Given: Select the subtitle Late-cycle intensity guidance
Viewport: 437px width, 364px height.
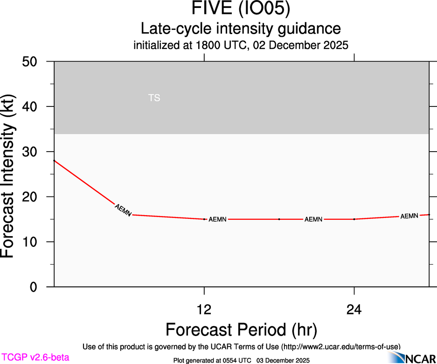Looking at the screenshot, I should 241,28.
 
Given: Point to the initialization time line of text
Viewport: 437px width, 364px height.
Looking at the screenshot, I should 241,45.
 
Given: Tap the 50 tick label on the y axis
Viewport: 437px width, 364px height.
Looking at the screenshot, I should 33,62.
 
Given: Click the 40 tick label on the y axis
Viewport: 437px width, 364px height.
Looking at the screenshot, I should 33,106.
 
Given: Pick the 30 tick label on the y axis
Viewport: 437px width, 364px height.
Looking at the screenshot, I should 33,152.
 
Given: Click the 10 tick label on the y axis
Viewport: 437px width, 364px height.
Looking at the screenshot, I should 33,242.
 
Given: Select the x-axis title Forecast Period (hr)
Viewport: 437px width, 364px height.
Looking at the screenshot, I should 241,329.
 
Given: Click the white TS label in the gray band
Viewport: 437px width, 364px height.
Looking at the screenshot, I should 154,98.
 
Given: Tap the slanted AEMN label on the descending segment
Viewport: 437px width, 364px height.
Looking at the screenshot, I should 123,210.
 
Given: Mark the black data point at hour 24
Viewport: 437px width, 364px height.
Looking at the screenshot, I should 354,219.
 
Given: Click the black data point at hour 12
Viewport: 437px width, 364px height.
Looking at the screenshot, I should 204,219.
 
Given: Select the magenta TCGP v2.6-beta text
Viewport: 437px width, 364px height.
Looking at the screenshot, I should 35,357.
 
